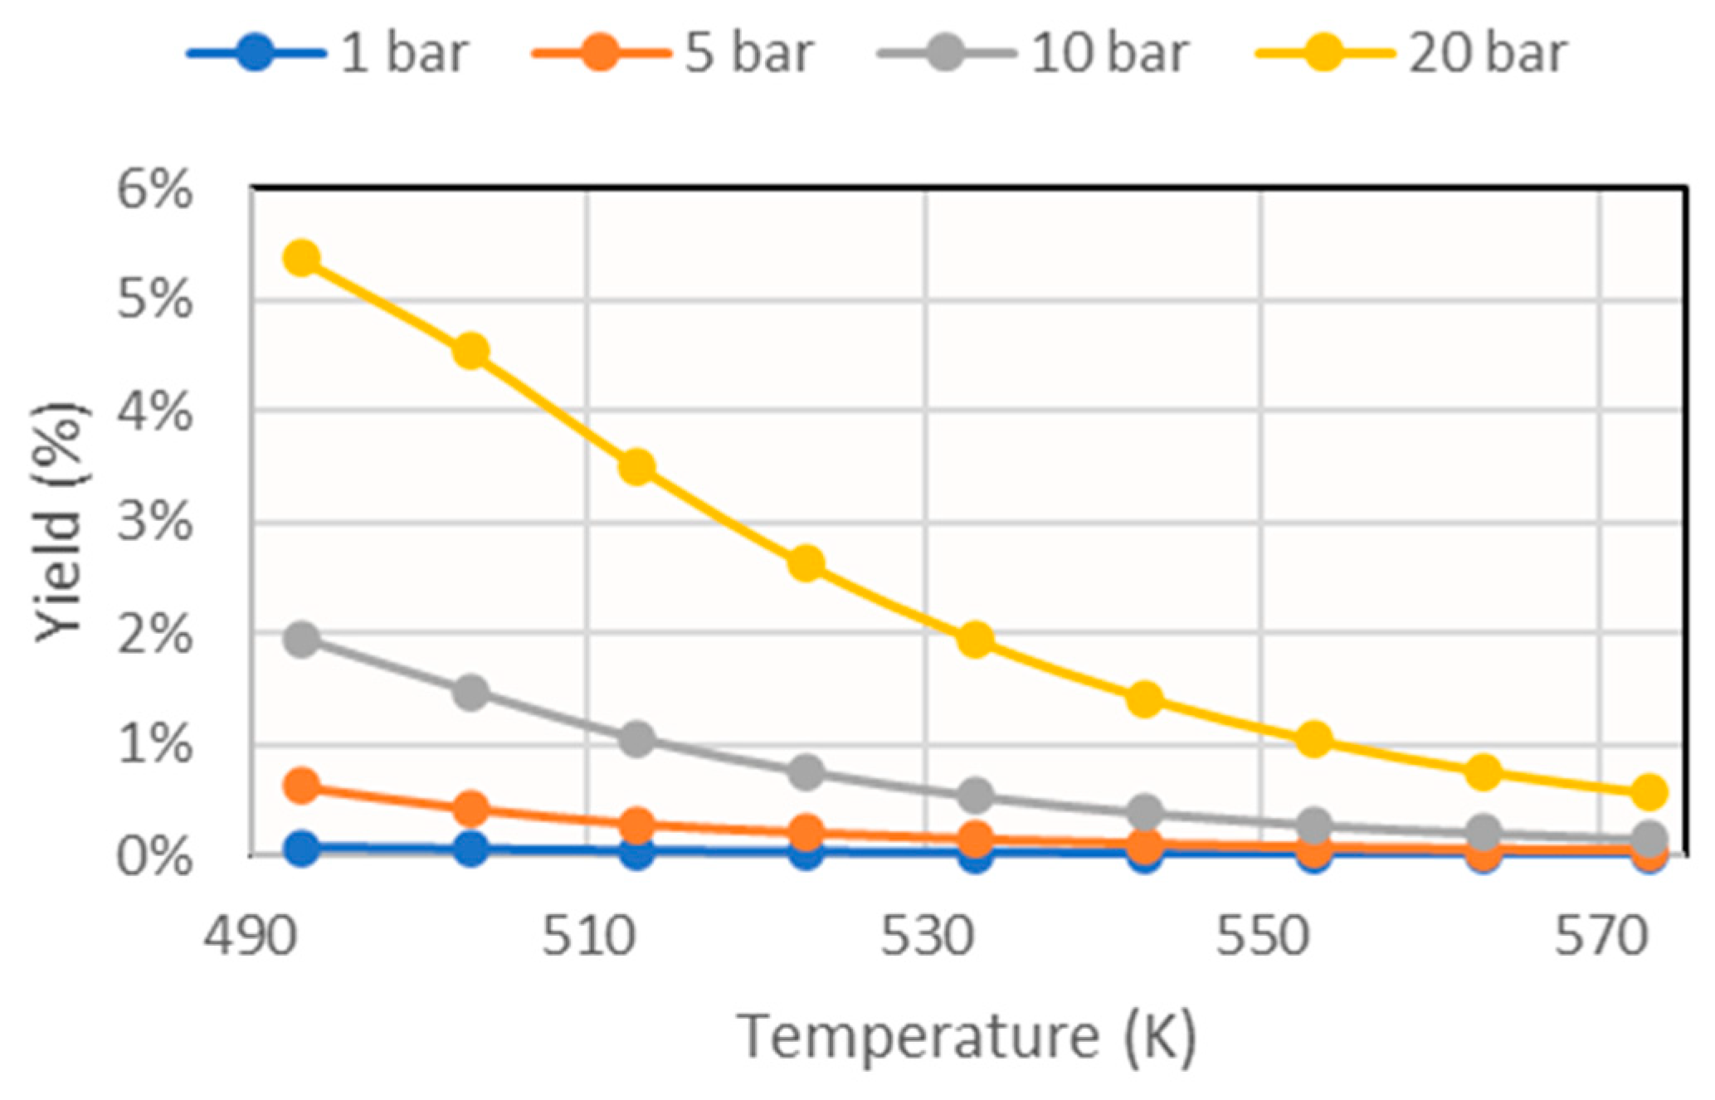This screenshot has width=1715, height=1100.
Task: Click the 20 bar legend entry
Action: pos(1410,53)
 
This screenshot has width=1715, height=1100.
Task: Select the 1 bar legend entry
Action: pos(328,53)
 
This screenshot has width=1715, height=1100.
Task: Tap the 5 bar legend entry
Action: pos(672,53)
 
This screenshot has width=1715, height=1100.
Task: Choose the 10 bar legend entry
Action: pos(1033,53)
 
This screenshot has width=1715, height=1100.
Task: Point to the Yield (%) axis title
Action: pos(60,523)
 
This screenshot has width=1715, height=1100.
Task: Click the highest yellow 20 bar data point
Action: pos(302,259)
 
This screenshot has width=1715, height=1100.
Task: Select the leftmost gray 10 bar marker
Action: pos(302,640)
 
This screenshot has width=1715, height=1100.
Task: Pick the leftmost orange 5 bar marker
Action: pos(302,785)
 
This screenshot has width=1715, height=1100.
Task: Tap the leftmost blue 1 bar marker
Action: pos(302,848)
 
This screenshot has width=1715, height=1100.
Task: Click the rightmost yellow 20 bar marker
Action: pos(1649,792)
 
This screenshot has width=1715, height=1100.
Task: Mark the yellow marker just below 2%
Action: pos(976,640)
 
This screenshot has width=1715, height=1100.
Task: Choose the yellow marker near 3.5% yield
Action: pos(637,468)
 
